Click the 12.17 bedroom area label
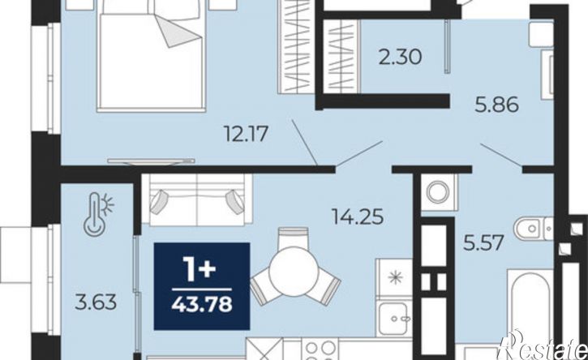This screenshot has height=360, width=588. pyautogui.click(x=246, y=134)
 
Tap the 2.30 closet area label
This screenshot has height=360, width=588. pyautogui.click(x=400, y=58)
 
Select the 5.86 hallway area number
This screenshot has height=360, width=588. pyautogui.click(x=497, y=105)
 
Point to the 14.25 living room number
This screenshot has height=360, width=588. pyautogui.click(x=358, y=216)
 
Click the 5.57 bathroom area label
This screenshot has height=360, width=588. pyautogui.click(x=483, y=243)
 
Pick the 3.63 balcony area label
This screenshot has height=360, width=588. pyautogui.click(x=96, y=302)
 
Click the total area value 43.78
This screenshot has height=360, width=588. pyautogui.click(x=202, y=305)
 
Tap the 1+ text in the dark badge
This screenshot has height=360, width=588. pyautogui.click(x=200, y=270)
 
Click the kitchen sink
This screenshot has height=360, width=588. pyautogui.click(x=393, y=319)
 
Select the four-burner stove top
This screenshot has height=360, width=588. pyautogui.click(x=320, y=350)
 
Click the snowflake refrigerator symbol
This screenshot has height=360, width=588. pyautogui.click(x=394, y=278)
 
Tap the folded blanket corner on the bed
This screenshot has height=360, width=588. pyautogui.click(x=178, y=32)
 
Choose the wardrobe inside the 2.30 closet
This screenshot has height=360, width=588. pyautogui.click(x=341, y=56)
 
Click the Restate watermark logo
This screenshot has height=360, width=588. pyautogui.click(x=543, y=346)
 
